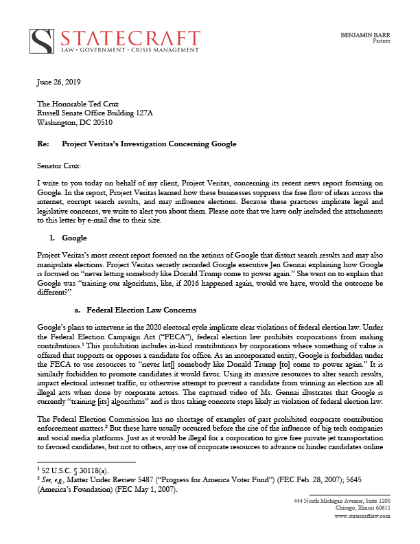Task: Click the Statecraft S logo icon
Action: click(x=45, y=41)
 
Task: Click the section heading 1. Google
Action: click(x=69, y=238)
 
